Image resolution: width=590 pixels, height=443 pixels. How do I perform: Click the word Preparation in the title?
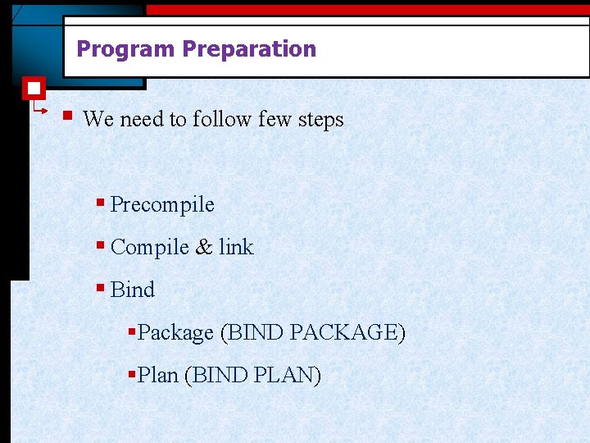249,49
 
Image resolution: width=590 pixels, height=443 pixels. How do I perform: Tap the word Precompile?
162,204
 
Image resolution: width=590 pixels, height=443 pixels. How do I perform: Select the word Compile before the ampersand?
149,247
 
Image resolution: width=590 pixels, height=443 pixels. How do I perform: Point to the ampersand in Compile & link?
203,247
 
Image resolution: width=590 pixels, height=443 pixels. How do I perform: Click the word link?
236,247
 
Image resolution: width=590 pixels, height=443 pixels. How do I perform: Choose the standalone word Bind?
132,290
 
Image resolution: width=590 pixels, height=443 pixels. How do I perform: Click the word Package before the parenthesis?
175,333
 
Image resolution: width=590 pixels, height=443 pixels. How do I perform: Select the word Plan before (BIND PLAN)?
158,376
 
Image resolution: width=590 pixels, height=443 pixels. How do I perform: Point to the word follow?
222,120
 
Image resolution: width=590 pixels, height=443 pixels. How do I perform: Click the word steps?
321,120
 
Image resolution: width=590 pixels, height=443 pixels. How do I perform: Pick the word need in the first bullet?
143,120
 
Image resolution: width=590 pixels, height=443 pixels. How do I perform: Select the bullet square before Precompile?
100,203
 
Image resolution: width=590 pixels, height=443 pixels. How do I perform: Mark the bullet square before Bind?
100,288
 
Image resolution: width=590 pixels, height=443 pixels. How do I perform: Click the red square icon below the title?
34,89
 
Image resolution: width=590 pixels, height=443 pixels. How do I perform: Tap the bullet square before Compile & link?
100,245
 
